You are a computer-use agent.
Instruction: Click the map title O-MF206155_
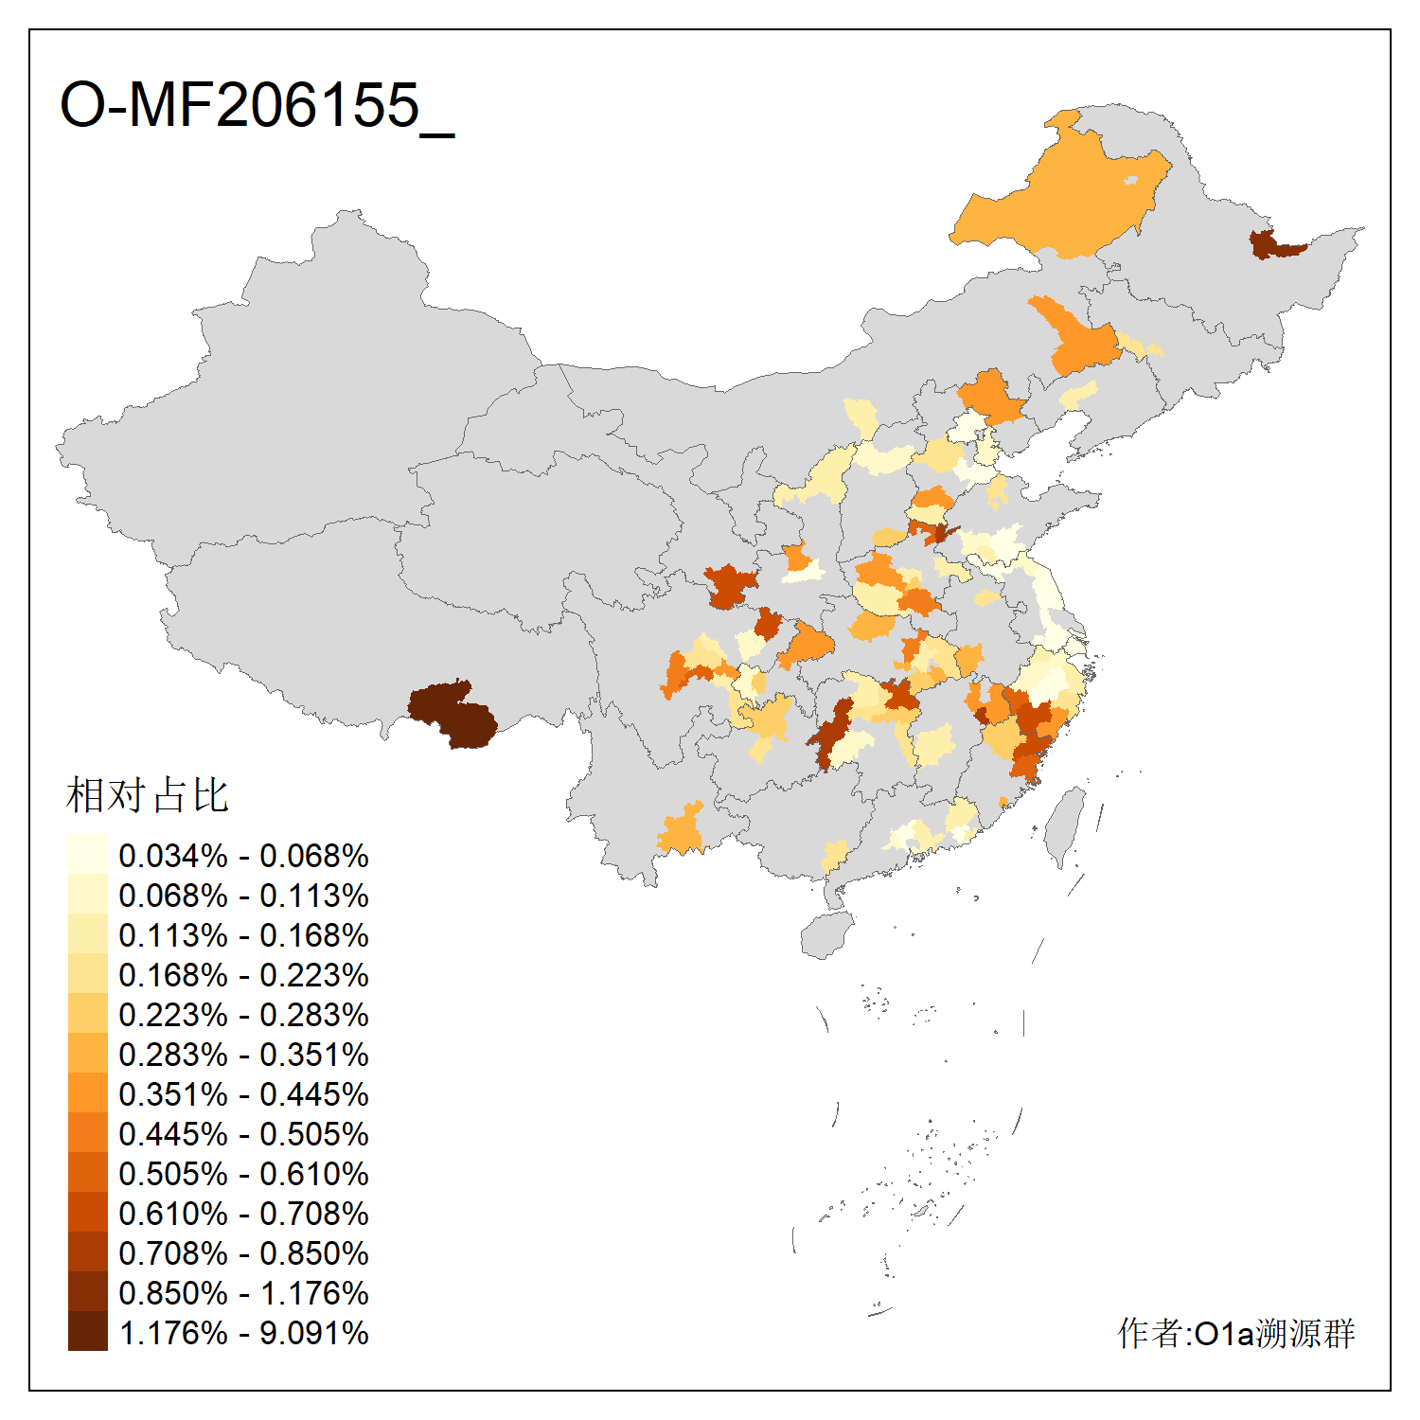pyautogui.click(x=257, y=105)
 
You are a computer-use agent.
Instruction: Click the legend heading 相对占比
pyautogui.click(x=148, y=795)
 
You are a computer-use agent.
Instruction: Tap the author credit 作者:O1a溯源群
pyautogui.click(x=1236, y=1333)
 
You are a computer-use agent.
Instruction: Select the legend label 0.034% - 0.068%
pyautogui.click(x=243, y=856)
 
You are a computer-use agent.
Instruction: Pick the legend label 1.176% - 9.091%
pyautogui.click(x=243, y=1333)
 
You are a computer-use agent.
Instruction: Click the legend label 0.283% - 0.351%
pyautogui.click(x=243, y=1055)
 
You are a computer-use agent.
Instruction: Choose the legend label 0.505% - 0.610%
pyautogui.click(x=243, y=1174)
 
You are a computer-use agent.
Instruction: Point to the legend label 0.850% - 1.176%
pyautogui.click(x=243, y=1293)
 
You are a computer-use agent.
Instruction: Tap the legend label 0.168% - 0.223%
pyautogui.click(x=243, y=975)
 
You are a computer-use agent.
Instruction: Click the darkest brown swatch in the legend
pyautogui.click(x=87, y=1332)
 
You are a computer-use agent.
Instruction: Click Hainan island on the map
pyautogui.click(x=826, y=935)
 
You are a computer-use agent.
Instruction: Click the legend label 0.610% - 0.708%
pyautogui.click(x=243, y=1214)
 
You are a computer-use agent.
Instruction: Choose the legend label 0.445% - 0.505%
pyautogui.click(x=243, y=1134)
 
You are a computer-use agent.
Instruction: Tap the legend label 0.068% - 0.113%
pyautogui.click(x=243, y=896)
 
